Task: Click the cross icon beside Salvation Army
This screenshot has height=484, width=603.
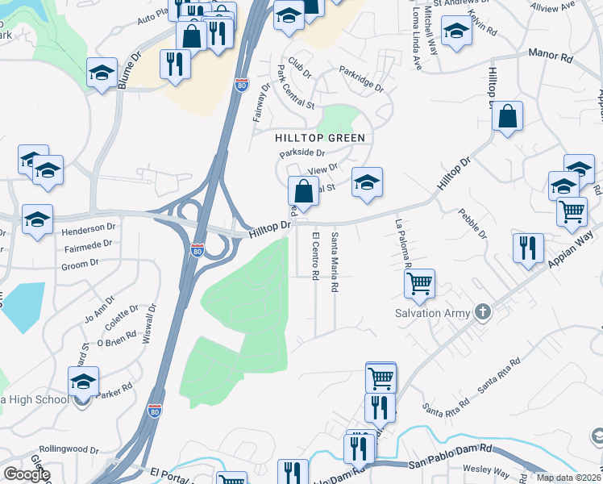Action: coord(482,312)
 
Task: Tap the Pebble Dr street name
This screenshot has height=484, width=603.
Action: coord(472,223)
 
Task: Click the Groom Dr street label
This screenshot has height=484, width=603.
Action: coord(79,264)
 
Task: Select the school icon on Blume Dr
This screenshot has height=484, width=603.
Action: coord(102,73)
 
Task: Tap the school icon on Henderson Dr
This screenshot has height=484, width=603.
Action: coord(37,219)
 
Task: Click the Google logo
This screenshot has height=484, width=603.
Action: coord(27,474)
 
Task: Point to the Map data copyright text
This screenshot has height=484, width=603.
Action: coord(568,478)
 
